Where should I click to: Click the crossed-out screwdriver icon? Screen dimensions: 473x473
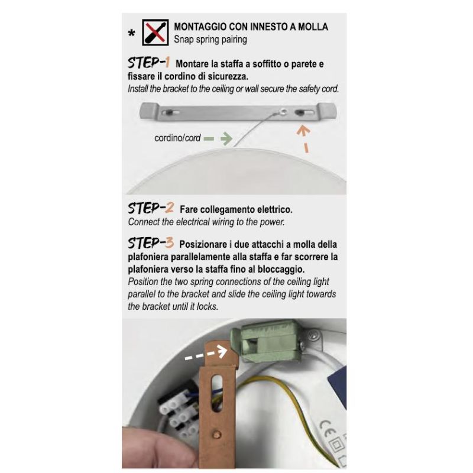pos(155,34)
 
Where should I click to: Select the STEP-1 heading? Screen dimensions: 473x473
pos(149,63)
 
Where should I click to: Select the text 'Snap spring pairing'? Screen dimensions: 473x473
pos(210,40)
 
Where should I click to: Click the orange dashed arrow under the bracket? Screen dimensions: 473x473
pos(304,137)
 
